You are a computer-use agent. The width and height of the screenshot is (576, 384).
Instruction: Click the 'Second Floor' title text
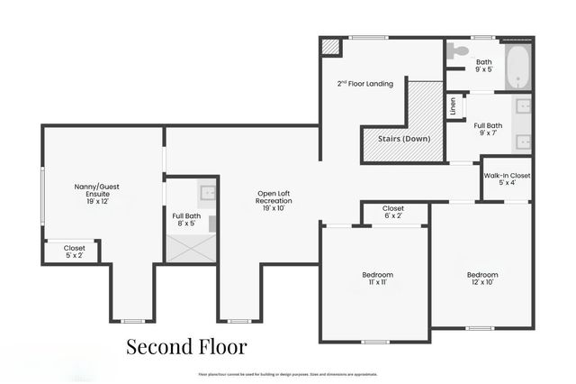pos(185,346)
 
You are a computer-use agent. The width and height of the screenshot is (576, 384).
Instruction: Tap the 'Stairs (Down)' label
pos(403,139)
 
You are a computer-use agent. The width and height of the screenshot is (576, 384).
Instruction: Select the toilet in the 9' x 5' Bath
pos(460,50)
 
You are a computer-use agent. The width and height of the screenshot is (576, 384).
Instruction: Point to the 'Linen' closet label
pos(453,106)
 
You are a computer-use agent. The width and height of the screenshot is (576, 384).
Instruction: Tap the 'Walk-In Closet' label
pos(507,178)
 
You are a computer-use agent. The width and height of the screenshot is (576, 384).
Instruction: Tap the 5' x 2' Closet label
pos(74,251)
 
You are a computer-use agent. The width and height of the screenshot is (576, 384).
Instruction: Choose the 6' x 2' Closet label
pos(393,213)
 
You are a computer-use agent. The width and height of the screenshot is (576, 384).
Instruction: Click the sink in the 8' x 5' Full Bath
pos(206,191)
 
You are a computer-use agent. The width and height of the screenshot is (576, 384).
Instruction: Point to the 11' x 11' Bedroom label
pos(377,279)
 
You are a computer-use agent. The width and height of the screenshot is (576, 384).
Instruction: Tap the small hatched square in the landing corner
pos(332,46)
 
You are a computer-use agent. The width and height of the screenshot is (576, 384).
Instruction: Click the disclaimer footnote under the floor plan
pos(288,374)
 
